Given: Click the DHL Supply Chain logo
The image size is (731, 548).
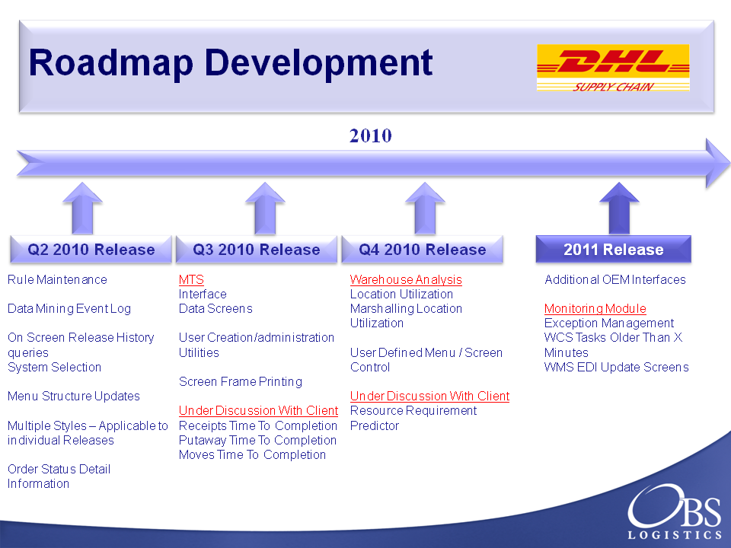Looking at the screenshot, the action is click(x=613, y=68).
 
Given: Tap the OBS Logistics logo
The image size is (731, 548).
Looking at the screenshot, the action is click(x=675, y=511).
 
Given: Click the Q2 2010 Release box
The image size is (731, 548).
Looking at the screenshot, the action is click(x=91, y=250).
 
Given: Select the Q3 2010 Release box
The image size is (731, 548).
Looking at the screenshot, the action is click(x=257, y=250).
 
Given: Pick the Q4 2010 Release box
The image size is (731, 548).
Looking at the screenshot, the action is click(x=423, y=250).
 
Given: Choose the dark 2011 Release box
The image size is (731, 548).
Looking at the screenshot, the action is click(x=614, y=250).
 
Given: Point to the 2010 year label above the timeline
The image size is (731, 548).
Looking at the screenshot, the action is click(x=371, y=135).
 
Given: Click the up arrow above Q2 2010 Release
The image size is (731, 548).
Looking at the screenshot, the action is click(x=82, y=209).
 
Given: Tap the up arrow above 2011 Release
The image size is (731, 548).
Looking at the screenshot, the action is click(x=619, y=209).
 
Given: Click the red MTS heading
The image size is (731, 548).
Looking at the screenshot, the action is click(x=191, y=279).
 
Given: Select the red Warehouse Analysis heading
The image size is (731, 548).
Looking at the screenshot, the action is click(x=406, y=279).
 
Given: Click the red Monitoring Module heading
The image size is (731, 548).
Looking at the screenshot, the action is click(x=595, y=308).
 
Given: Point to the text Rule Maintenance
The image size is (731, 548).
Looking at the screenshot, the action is click(x=57, y=279).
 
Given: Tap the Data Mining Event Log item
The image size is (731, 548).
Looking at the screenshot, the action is click(x=69, y=308).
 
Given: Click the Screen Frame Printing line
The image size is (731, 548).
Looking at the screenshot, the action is click(x=241, y=381).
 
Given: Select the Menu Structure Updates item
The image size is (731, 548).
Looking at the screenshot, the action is click(x=74, y=396).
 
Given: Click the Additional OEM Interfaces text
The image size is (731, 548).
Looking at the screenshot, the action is click(x=615, y=279).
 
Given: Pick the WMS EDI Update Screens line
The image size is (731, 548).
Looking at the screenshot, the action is click(x=616, y=367).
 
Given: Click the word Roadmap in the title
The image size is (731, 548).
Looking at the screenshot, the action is click(x=111, y=63).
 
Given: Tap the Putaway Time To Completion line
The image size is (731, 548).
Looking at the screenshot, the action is click(x=257, y=441).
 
